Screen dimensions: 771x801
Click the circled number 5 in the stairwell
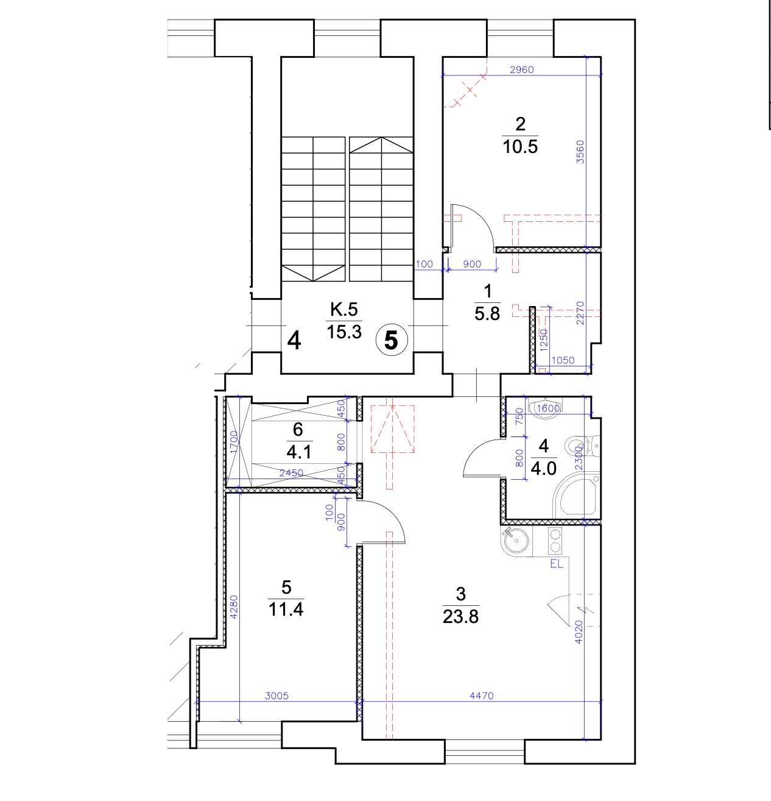[x=392, y=340]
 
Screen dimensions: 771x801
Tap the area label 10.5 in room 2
[x=519, y=147]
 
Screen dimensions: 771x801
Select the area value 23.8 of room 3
[x=460, y=616]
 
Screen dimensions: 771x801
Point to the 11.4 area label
[x=286, y=609]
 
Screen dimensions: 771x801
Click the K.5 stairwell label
[x=343, y=308]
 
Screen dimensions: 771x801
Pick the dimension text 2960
[x=521, y=69]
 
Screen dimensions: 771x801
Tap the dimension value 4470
[x=481, y=696]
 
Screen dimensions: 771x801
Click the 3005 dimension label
[x=276, y=696]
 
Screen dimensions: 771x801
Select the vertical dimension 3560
[x=580, y=152]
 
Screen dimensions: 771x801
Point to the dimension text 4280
[x=234, y=607]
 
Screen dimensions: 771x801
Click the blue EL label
[x=557, y=563]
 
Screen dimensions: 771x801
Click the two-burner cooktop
[x=555, y=541]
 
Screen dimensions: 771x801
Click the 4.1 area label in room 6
[x=299, y=452]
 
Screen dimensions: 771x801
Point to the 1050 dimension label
[x=563, y=360]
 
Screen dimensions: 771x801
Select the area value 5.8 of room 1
[x=487, y=314]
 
